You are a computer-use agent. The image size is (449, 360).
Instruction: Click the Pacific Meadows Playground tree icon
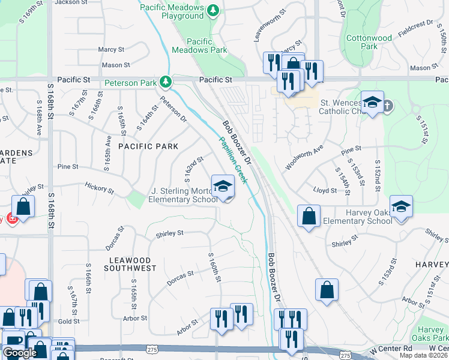pyautogui.click(x=212, y=10)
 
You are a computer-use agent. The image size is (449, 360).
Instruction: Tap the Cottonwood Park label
pyautogui.click(x=369, y=42)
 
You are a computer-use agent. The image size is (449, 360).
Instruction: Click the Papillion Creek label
pyautogui.click(x=234, y=159)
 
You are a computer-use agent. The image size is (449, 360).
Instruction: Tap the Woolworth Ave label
pyautogui.click(x=304, y=157)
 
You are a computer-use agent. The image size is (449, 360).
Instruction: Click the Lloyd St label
pyautogui.click(x=325, y=190)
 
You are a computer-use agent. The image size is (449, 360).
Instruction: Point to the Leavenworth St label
pyautogui.click(x=265, y=26)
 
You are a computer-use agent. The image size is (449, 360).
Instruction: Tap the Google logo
pyautogui.click(x=19, y=353)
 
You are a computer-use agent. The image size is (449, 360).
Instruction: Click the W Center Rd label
pyautogui.click(x=391, y=349)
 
